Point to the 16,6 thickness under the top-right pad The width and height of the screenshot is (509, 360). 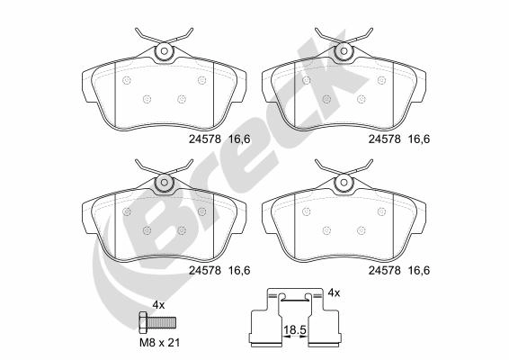(419, 139)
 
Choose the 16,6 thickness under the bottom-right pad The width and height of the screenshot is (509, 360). (419, 267)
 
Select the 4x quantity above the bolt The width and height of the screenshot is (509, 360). (158, 305)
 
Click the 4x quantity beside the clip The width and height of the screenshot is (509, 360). (333, 293)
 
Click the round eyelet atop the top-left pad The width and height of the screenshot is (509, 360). (164, 55)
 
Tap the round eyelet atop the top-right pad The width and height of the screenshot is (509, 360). (343, 55)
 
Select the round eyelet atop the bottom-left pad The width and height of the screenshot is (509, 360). (164, 184)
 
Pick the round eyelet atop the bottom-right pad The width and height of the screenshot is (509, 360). (343, 184)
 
